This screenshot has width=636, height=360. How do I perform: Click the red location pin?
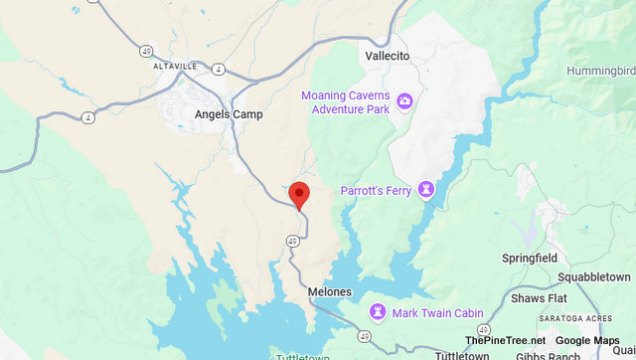(298, 195)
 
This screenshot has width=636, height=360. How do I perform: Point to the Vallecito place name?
(387, 57)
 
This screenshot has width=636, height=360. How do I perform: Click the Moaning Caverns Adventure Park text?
(345, 101)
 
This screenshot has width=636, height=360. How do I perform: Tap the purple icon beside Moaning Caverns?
(404, 100)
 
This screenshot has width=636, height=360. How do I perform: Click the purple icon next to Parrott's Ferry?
(425, 188)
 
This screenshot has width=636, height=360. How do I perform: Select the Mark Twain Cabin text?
(437, 313)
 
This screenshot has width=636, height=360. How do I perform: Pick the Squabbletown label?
(593, 276)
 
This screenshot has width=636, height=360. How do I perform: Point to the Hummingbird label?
(600, 71)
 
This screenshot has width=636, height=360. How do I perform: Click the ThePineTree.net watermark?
(505, 340)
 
